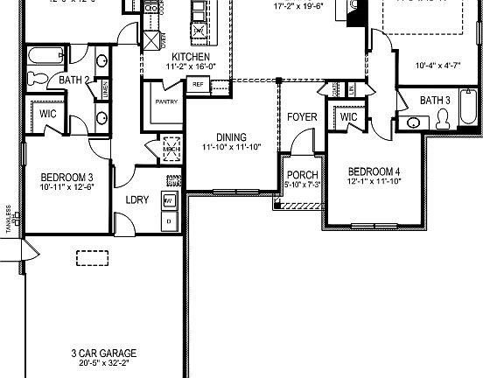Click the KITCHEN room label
point(191,57)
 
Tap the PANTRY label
point(166,101)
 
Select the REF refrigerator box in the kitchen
point(198,85)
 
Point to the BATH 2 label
point(75,80)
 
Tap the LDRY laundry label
point(137,199)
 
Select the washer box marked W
point(170,201)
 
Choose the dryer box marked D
point(170,222)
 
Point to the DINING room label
point(231,137)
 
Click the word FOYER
point(302,116)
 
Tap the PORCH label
point(302,175)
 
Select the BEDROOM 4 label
point(374,171)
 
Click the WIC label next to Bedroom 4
point(348,117)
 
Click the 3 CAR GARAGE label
point(104,353)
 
